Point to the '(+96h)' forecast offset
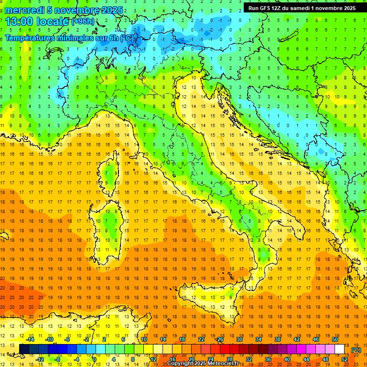click(x=83, y=22)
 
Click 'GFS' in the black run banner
click(x=265, y=8)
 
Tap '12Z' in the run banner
click(x=279, y=8)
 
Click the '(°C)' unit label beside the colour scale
click(x=356, y=350)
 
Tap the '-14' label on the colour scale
click(x=30, y=339)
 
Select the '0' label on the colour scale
click(x=95, y=359)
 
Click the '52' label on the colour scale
click(x=345, y=359)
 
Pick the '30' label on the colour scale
click(x=239, y=339)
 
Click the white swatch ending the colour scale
click(x=340, y=349)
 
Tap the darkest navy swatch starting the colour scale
click(x=24, y=349)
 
